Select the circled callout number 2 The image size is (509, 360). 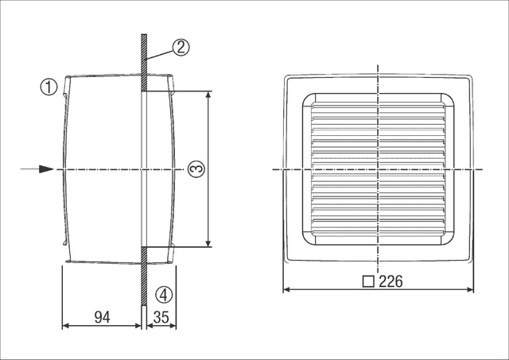(181, 47)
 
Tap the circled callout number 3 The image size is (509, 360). (196, 168)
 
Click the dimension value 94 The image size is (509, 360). (102, 316)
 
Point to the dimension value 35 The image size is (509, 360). (160, 316)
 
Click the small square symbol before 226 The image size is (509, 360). (367, 281)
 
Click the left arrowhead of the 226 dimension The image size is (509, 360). (289, 290)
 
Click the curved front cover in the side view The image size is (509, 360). (67, 169)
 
